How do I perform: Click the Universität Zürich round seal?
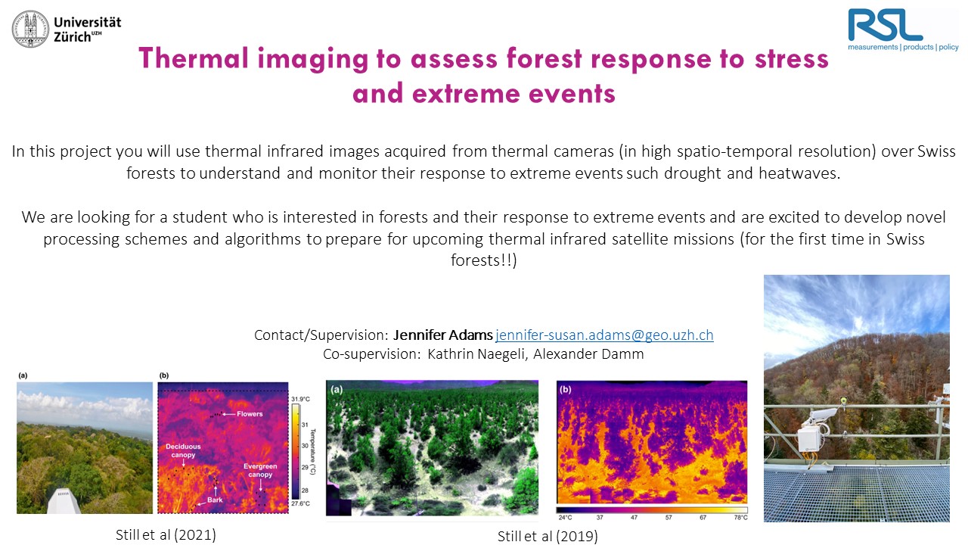[x=30, y=29]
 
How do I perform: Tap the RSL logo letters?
[x=885, y=25]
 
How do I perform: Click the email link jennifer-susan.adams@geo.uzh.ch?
[x=604, y=335]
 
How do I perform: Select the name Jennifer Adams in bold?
[x=443, y=335]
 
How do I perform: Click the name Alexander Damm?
[x=588, y=353]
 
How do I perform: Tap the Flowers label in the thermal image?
[x=250, y=414]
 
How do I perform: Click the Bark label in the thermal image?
[x=215, y=500]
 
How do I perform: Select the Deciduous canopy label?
[x=183, y=450]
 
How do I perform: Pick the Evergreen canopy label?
[x=260, y=470]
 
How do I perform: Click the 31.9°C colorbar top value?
[x=300, y=399]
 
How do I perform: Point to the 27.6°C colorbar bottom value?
[x=300, y=503]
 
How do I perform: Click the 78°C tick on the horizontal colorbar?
[x=740, y=517]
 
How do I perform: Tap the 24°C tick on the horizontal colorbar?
[x=565, y=517]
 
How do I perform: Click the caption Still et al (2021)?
[x=166, y=535]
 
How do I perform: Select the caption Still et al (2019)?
[x=548, y=537]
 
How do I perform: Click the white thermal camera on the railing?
[x=819, y=417]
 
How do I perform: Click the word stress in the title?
[x=792, y=59]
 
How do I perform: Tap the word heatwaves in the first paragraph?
[x=799, y=173]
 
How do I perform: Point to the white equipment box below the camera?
[x=810, y=438]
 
